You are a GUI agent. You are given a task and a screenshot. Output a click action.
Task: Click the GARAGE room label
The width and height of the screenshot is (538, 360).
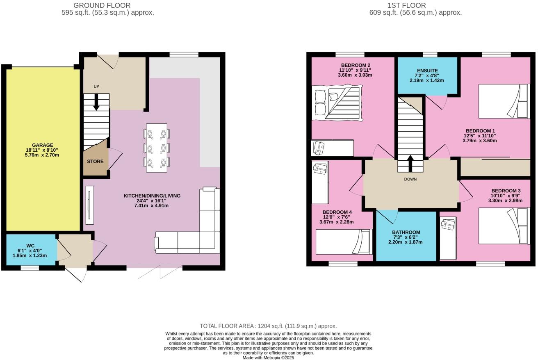pos(43,145)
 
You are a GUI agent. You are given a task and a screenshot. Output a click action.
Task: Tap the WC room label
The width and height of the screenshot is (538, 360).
pos(30,246)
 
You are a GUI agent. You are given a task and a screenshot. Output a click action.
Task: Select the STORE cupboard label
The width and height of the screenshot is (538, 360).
pos(95,162)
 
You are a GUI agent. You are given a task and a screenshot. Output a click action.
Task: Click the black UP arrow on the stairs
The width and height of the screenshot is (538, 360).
pos(96,103)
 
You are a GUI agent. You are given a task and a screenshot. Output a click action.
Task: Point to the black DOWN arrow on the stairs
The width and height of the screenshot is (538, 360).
pos(410,159)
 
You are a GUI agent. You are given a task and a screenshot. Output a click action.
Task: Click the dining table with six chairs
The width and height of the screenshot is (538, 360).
pos(157,148)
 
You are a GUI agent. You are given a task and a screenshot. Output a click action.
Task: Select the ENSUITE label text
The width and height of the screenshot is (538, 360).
pos(427,71)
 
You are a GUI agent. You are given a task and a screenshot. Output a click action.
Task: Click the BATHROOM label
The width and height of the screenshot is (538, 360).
pos(406,232)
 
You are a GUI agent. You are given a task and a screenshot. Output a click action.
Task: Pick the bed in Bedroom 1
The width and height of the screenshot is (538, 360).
pos(504,101)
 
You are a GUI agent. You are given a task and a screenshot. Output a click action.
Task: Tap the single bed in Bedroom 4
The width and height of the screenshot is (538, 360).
pos(344,242)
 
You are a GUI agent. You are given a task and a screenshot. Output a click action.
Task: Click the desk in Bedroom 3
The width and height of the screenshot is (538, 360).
pos(448,238)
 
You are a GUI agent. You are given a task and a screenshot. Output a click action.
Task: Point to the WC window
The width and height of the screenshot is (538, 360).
pos(30,268)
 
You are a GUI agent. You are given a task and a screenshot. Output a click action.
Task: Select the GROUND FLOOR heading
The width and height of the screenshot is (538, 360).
pos(102,5)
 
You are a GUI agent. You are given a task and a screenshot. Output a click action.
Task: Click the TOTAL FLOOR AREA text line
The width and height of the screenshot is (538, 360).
pos(268,326)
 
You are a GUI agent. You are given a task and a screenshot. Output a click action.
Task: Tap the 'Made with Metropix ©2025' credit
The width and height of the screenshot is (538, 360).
pos(268,358)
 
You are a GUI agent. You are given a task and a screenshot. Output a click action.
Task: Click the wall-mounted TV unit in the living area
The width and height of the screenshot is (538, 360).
pos(89,205)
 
